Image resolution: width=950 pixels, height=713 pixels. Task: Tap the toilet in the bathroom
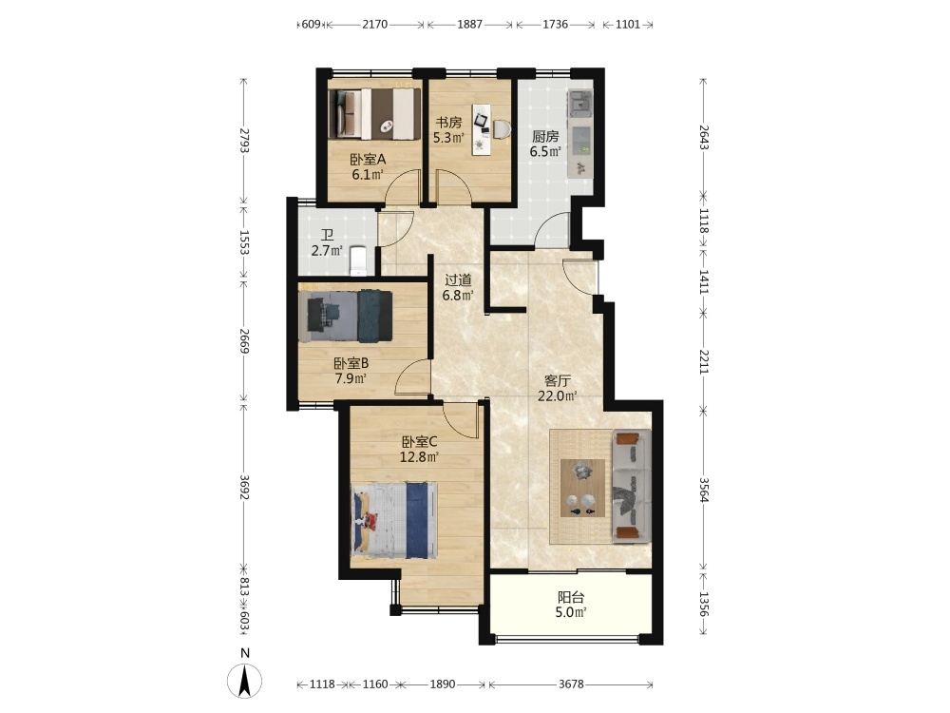pyautogui.click(x=359, y=260)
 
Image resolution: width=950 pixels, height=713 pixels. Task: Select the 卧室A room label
pyautogui.click(x=368, y=160)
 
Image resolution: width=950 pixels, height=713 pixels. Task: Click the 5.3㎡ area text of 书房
pyautogui.click(x=448, y=138)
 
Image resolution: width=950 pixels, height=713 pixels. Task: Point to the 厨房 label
pyautogui.click(x=545, y=136)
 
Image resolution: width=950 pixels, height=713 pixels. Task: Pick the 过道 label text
pyautogui.click(x=458, y=280)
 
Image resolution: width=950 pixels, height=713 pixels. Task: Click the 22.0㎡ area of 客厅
pyautogui.click(x=557, y=395)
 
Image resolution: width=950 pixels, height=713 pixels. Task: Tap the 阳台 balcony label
pyautogui.click(x=571, y=597)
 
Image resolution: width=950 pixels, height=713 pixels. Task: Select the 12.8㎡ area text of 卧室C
pyautogui.click(x=419, y=456)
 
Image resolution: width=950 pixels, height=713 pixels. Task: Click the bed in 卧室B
pyautogui.click(x=346, y=316)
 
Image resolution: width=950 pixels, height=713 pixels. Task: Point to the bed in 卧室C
pyautogui.click(x=394, y=520)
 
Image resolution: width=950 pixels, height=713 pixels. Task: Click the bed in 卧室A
pyautogui.click(x=374, y=114)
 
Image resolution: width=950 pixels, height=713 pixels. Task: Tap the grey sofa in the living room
pyautogui.click(x=632, y=486)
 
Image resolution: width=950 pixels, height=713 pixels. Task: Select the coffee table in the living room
pyautogui.click(x=582, y=488)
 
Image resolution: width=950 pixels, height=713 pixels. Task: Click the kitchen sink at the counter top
pyautogui.click(x=579, y=103)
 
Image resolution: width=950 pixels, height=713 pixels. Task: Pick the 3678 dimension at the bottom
pyautogui.click(x=571, y=684)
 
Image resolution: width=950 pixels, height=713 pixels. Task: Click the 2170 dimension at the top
pyautogui.click(x=374, y=25)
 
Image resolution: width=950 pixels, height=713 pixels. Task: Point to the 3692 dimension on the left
pyautogui.click(x=243, y=487)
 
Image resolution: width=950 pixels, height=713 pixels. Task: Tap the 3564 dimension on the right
pyautogui.click(x=703, y=490)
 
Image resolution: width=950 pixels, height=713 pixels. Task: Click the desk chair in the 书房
pyautogui.click(x=502, y=128)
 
